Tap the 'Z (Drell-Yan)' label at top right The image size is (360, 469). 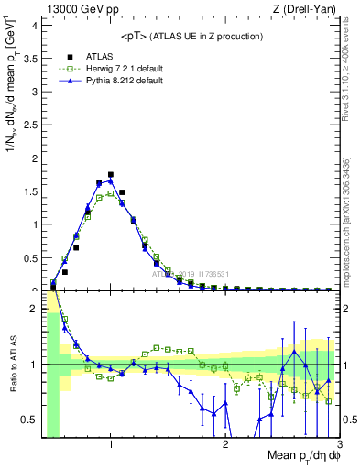(304, 9)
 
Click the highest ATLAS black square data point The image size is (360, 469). (111, 174)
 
